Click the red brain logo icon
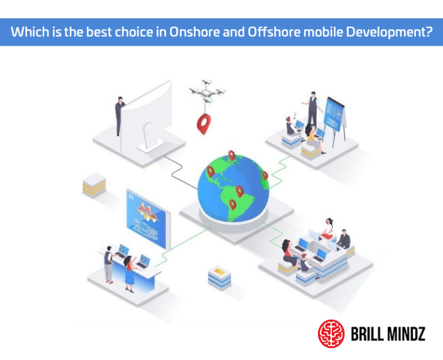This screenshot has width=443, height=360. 331,333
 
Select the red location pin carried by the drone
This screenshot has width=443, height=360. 204,123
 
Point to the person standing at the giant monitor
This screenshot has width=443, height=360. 119,115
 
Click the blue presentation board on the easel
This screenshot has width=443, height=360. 335,113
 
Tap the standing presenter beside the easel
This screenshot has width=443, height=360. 312,110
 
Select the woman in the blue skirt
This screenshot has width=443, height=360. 129,272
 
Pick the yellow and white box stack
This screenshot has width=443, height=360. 94,183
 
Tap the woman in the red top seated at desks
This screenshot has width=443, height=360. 328,229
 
